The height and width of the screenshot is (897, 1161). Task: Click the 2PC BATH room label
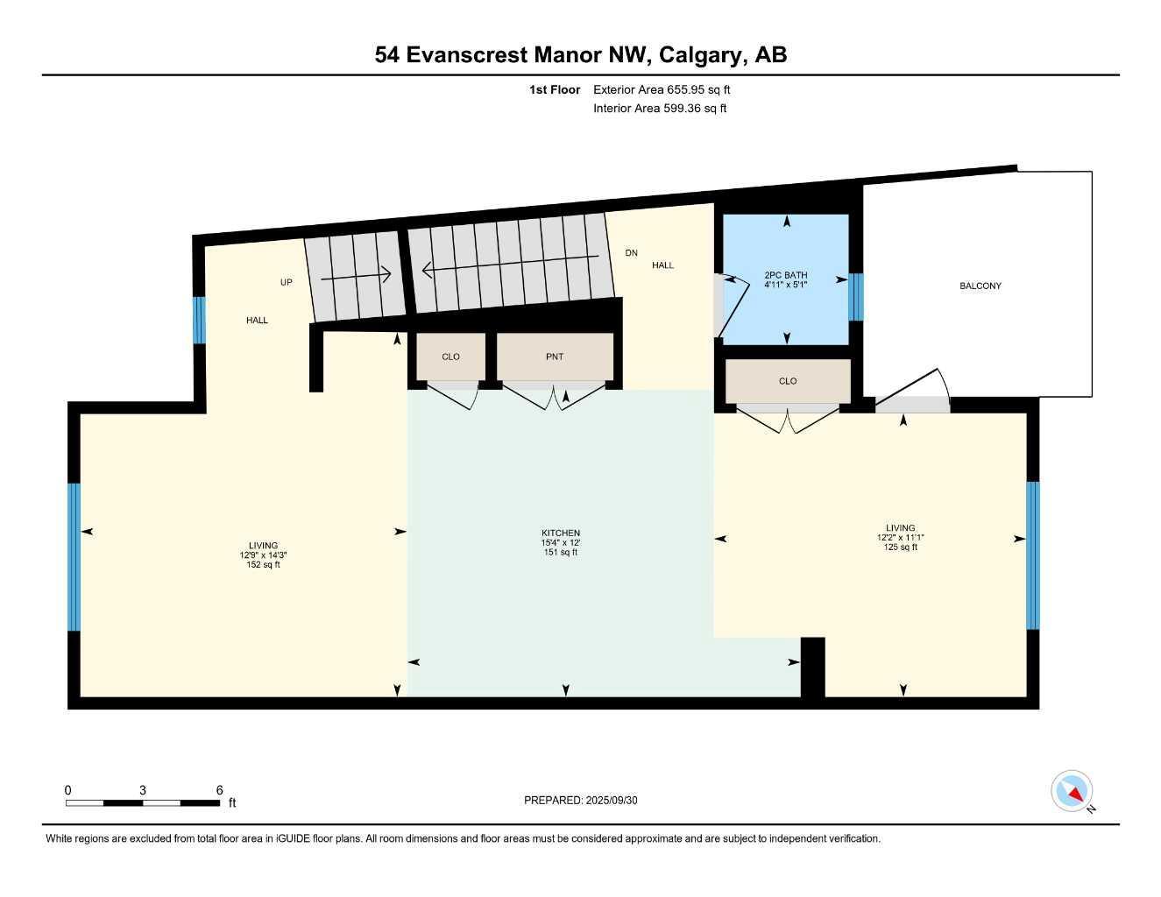tap(785, 275)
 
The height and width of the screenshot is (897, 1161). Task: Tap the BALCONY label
tap(980, 286)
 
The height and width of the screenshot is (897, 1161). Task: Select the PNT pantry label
tap(555, 357)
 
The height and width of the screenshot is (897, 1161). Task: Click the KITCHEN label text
tap(560, 533)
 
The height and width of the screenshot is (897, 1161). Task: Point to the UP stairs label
tap(286, 282)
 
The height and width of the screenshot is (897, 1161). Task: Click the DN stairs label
tap(631, 253)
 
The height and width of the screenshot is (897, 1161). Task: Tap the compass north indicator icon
tap(1073, 792)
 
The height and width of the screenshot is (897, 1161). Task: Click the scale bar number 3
tap(142, 789)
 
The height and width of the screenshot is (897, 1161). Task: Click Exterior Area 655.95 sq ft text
tap(662, 89)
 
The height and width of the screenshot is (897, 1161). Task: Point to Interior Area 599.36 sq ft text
tap(660, 109)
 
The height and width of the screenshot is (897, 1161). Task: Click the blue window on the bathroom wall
tap(856, 297)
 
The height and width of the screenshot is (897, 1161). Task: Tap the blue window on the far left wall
tap(74, 556)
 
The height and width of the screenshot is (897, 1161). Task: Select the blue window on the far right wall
tap(1032, 555)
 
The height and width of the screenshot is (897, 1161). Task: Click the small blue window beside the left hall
tap(199, 320)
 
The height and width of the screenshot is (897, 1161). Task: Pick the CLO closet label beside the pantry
tap(450, 357)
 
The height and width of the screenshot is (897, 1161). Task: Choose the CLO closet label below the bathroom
tap(787, 381)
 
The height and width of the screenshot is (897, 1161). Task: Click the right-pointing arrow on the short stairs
tap(356, 276)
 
